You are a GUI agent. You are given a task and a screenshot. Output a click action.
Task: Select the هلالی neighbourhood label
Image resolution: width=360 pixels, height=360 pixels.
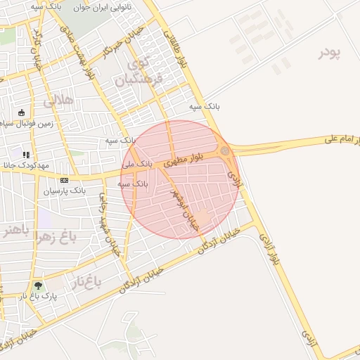(x=58, y=101)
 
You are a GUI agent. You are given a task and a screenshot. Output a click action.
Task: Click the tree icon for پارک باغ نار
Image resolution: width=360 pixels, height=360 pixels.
(x=38, y=285)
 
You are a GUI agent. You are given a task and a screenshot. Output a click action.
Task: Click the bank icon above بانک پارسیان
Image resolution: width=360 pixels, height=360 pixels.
(x=64, y=180)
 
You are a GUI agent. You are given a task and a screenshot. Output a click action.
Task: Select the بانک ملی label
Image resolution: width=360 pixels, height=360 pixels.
(x=136, y=163)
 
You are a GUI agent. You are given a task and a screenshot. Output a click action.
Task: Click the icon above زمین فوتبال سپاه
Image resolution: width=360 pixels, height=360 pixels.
(x=21, y=112)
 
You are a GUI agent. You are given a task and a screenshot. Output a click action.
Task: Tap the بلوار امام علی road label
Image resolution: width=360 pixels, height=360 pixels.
(x=343, y=141)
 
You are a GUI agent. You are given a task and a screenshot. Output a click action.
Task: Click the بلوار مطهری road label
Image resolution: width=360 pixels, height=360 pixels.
(x=184, y=161)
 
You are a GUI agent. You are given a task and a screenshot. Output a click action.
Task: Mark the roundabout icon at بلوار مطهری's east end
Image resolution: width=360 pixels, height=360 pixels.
(x=224, y=151)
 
